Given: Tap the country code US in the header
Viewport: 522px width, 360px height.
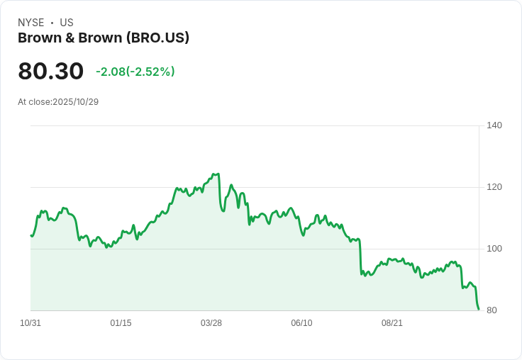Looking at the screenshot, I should click(67, 23).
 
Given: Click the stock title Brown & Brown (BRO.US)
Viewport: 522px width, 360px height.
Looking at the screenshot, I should click(104, 38).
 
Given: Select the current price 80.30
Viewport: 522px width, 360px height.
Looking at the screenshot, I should click(50, 72).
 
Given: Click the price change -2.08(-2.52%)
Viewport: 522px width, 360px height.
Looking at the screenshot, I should click(135, 72).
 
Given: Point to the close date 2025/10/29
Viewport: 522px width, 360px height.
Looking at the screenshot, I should click(76, 102).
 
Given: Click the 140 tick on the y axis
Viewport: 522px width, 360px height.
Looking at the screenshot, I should click(494, 125).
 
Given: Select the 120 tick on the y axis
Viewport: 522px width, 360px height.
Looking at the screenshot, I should click(494, 187).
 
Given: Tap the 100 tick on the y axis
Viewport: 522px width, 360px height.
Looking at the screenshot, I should click(494, 249).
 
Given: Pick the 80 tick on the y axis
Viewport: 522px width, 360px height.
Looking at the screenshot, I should click(492, 310).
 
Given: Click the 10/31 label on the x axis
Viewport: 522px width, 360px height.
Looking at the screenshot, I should click(30, 323).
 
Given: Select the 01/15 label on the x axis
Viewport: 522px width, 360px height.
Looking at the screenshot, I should click(121, 323).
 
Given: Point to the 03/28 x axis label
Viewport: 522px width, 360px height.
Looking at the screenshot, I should click(211, 323).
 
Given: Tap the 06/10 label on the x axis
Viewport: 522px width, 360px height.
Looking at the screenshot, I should click(301, 323).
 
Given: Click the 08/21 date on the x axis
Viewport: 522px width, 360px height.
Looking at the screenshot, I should click(392, 323).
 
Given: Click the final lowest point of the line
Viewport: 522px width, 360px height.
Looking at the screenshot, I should click(479, 309).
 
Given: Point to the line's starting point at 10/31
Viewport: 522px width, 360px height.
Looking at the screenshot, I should click(31, 235).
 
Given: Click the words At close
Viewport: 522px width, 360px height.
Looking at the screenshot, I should click(34, 102).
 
